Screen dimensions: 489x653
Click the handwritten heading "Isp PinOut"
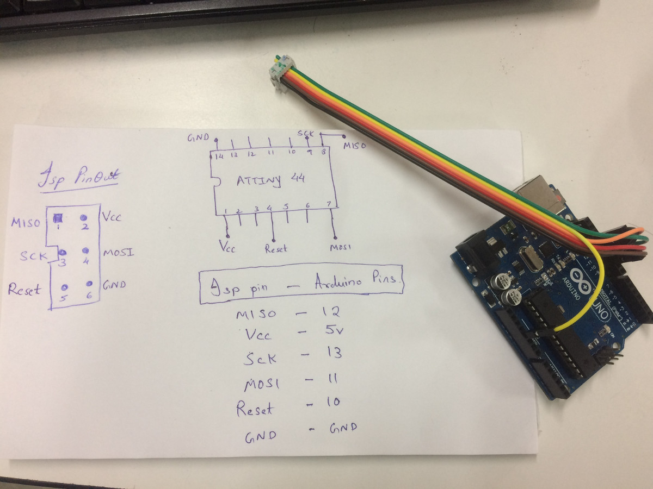[x=79, y=178]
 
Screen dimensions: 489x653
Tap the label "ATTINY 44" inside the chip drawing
[x=270, y=180]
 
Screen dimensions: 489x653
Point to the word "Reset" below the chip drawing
[x=276, y=249]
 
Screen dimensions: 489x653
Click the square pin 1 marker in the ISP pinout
[x=58, y=218]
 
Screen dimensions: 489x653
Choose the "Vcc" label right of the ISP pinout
[x=112, y=217]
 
